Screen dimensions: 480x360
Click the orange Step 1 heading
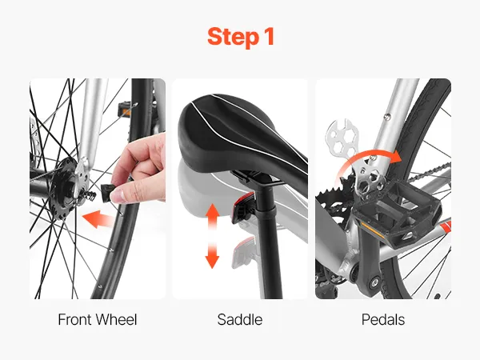point(241,37)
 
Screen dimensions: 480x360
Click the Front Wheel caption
point(98,319)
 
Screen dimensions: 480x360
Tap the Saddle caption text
point(240,319)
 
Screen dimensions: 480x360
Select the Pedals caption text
point(383,319)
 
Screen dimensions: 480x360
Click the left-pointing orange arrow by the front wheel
point(98,219)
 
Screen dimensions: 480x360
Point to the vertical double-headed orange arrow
point(212,236)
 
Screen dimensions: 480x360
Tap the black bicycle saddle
point(242,134)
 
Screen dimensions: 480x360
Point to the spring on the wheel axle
point(89,196)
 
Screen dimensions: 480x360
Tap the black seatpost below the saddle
point(270,242)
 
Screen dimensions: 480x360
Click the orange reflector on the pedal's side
point(373,230)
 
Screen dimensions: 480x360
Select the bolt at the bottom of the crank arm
point(374,281)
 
